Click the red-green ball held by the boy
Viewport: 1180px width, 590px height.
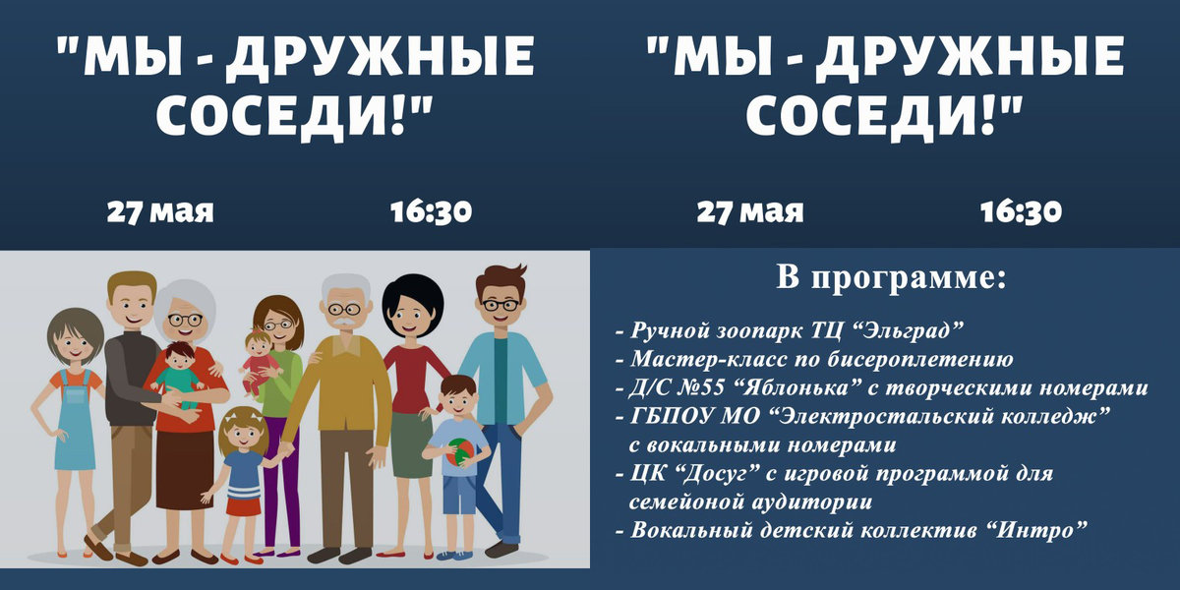[x=461, y=452]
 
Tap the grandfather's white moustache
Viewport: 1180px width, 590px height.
[x=342, y=323]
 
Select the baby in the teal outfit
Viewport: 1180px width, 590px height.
[x=178, y=375]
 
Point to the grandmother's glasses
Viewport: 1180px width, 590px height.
[x=185, y=320]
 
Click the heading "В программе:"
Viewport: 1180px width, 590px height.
[x=891, y=277]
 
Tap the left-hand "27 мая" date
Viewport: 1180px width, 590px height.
[x=160, y=211]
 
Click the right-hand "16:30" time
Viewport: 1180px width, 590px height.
[x=1021, y=211]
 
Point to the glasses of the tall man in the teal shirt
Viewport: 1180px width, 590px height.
[x=501, y=304]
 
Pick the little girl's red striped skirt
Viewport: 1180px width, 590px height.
[x=244, y=501]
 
